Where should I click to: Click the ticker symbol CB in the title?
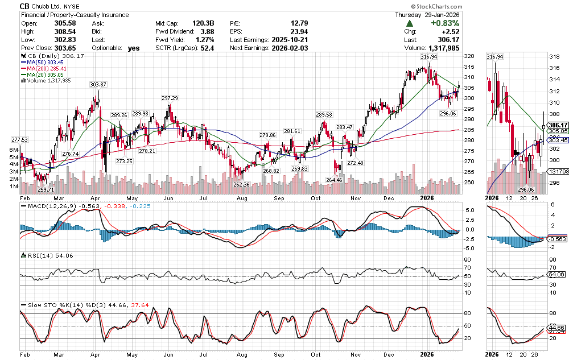tap(26, 6)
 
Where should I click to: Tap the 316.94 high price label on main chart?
tap(428, 57)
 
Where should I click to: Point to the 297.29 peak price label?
tap(170, 98)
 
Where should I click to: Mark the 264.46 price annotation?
tap(335, 180)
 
